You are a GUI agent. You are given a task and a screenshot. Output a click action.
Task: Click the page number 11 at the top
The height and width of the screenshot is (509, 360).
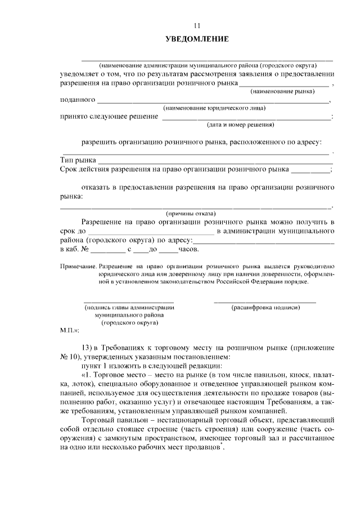(197, 25)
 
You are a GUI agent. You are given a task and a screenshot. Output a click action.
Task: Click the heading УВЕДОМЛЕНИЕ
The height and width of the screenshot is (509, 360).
(197, 39)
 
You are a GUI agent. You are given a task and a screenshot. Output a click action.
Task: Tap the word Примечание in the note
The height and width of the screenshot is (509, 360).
(77, 266)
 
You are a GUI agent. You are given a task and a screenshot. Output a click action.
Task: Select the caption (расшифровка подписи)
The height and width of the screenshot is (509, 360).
(265, 308)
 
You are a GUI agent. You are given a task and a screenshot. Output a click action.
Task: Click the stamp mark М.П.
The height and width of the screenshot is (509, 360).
(69, 332)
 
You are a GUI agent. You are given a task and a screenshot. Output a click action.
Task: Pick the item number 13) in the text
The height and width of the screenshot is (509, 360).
(88, 348)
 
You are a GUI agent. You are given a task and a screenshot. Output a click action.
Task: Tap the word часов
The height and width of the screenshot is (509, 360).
(188, 249)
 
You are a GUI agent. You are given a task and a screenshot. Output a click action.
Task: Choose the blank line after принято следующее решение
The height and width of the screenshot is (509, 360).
(246, 118)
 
